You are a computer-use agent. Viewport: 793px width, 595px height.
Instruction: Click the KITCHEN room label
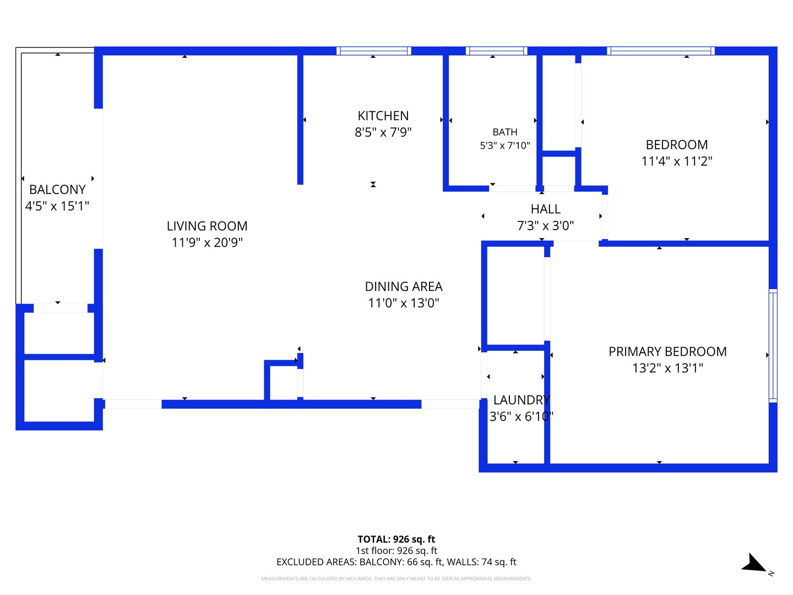pos(383,116)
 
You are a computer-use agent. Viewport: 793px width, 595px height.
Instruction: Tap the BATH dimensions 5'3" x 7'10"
pos(504,145)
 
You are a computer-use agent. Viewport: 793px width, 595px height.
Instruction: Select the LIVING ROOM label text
pos(207,226)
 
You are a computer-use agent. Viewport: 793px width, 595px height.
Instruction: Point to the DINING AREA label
pos(404,286)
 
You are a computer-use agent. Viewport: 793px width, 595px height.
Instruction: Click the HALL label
pos(546,209)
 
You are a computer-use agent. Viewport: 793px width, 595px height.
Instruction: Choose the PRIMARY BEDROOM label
pos(667,351)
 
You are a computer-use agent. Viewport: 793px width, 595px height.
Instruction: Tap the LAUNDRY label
pos(522,400)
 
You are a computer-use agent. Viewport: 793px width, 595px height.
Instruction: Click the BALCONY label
pos(57,190)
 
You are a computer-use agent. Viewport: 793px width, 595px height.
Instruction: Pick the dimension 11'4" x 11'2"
pos(677,161)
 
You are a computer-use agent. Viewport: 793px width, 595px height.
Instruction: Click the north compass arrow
pos(754,564)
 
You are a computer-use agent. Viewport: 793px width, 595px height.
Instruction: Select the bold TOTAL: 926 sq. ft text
pos(397,539)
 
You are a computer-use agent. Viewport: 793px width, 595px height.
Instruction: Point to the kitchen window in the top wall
pos(374,51)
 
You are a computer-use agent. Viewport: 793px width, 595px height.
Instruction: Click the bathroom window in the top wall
pos(496,51)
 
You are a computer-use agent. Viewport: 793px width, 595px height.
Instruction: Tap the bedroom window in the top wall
pos(661,51)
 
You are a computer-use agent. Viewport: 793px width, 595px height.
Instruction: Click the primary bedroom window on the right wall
pos(773,346)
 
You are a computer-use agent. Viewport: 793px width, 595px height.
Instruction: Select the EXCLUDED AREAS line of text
pos(397,562)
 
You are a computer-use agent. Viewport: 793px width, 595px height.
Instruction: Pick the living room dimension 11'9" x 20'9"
pos(207,242)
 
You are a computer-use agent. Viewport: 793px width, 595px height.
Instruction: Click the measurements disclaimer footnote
pos(397,578)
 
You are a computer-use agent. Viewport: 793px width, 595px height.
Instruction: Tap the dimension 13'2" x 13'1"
pos(667,368)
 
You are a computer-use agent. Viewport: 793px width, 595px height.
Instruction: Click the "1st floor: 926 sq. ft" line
pos(397,550)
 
